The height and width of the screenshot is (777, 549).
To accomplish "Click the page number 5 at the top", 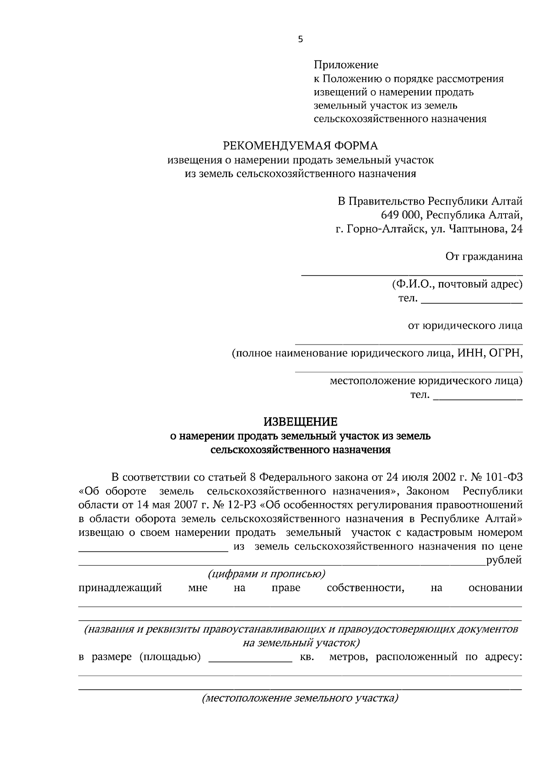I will [x=300, y=39].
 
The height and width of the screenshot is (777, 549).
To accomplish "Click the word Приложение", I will [x=345, y=65].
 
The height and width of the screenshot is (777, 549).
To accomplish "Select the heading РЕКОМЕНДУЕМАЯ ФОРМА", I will [x=300, y=146].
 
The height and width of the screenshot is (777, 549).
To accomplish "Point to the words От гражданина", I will [x=484, y=257].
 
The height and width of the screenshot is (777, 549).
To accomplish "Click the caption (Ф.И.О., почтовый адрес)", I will [x=457, y=285].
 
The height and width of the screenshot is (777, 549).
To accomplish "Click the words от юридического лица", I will [x=465, y=326].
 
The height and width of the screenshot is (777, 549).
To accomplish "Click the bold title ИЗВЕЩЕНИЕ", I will [x=300, y=421].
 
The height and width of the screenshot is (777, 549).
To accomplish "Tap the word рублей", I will [x=504, y=561].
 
